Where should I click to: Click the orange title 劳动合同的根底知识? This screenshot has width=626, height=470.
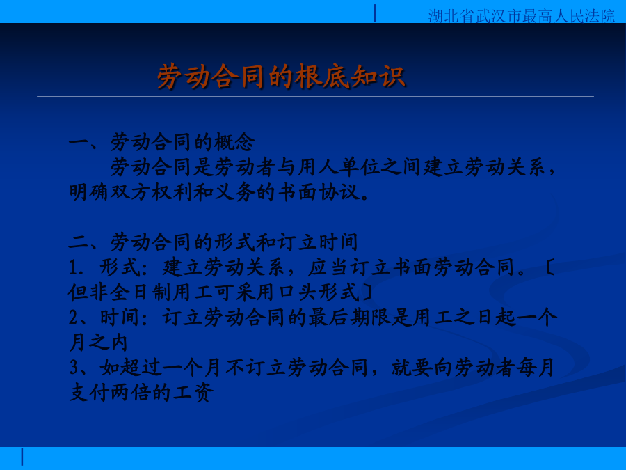(x=281, y=76)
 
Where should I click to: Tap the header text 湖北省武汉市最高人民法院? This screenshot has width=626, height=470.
(x=522, y=16)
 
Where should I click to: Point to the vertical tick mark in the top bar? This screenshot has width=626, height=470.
(x=375, y=13)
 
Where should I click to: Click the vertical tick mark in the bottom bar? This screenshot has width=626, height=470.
(x=22, y=457)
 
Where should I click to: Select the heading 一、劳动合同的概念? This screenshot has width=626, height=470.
(x=162, y=142)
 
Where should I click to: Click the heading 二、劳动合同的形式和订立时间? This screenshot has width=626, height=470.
(x=214, y=242)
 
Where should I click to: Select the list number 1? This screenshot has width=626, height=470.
(x=76, y=267)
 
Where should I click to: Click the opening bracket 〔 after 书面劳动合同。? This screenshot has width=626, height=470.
(x=549, y=267)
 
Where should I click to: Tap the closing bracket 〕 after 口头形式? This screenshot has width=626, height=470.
(x=367, y=292)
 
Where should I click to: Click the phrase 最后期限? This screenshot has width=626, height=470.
(x=349, y=318)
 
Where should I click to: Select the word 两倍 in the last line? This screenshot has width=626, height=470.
(x=131, y=393)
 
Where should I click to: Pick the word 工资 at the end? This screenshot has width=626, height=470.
(x=193, y=393)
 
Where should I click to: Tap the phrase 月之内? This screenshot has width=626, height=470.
(x=98, y=343)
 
